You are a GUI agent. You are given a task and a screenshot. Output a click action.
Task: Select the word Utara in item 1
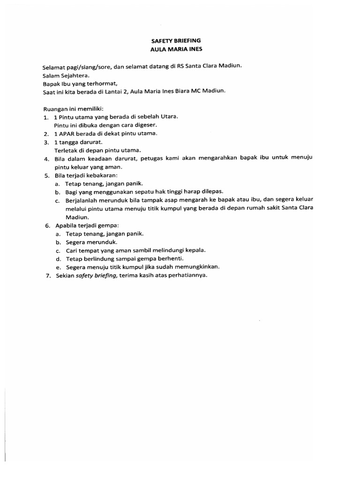(168, 116)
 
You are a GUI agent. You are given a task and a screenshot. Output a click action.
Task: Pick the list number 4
(46, 159)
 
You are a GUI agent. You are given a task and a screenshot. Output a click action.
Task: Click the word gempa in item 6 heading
(108, 225)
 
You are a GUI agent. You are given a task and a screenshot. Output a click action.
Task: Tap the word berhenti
(171, 259)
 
